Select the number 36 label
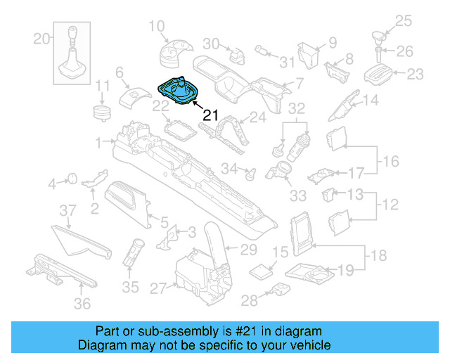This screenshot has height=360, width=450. click(83, 304)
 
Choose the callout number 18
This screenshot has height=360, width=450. click(378, 256)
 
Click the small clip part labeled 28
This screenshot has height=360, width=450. click(280, 290)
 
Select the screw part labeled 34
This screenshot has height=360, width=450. click(247, 170)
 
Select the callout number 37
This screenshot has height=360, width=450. click(66, 210)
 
